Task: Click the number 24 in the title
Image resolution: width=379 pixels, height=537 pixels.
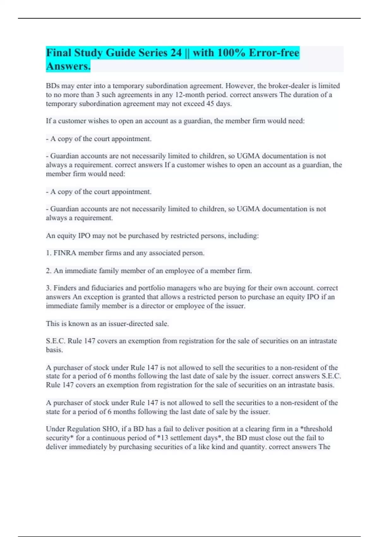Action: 176,53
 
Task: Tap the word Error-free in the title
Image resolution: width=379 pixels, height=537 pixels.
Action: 274,53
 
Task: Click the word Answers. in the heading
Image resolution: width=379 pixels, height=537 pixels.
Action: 68,66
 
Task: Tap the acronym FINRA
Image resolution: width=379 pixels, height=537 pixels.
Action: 65,253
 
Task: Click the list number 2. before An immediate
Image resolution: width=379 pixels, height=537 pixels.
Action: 49,271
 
